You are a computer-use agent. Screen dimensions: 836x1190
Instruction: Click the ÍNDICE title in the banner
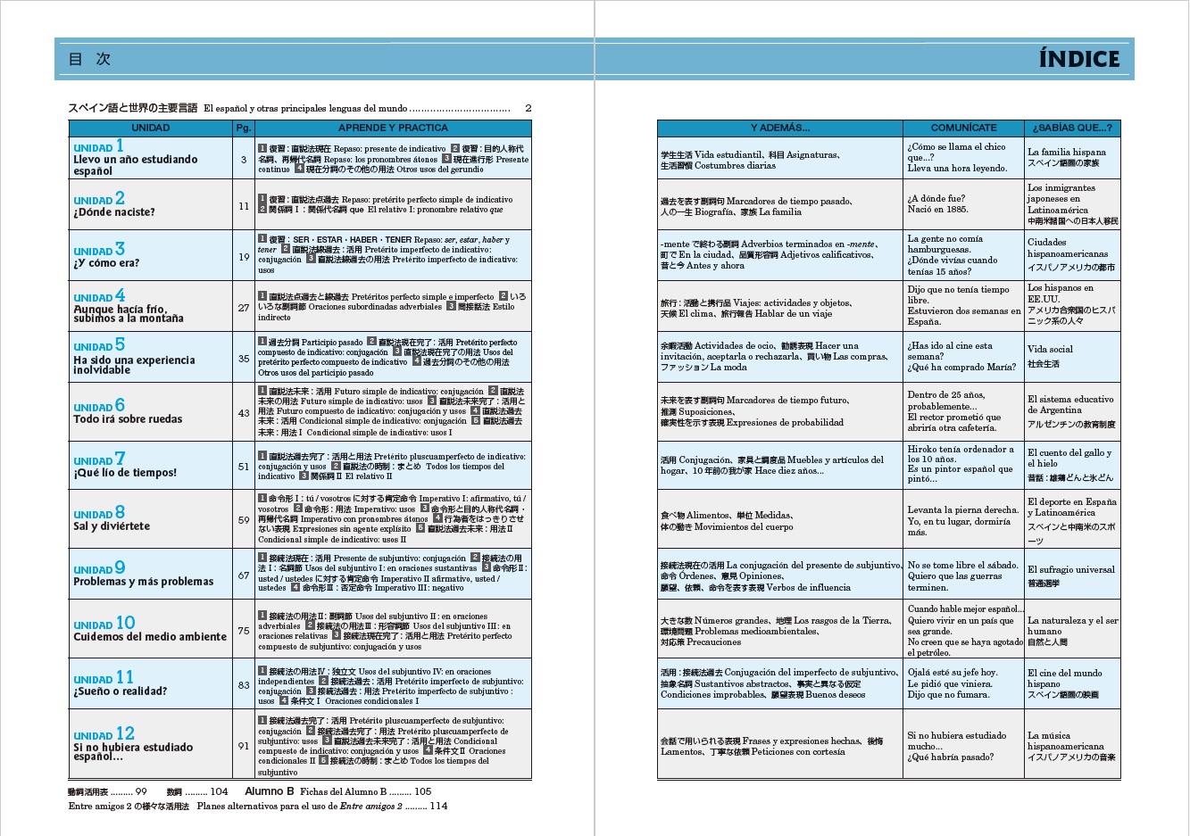[1078, 60]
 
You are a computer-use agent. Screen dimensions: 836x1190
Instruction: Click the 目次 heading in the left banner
[89, 60]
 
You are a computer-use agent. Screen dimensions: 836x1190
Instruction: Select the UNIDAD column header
[150, 128]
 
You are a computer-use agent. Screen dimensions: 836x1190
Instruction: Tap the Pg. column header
[244, 128]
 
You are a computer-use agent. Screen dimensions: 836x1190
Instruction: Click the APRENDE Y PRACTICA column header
[393, 128]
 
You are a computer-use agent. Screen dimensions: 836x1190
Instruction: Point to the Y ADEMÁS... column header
[779, 128]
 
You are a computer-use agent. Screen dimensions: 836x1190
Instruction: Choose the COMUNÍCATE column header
[963, 128]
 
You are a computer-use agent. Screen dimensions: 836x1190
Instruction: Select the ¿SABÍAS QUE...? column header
[1071, 128]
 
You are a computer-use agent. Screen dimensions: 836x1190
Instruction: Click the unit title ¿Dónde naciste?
[114, 212]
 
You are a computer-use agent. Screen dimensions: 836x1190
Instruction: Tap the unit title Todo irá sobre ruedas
[128, 419]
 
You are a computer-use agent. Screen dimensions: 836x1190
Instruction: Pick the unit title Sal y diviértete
[112, 526]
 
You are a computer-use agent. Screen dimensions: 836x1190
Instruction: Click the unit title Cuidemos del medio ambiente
[150, 637]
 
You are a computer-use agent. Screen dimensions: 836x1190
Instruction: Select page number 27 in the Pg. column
[244, 308]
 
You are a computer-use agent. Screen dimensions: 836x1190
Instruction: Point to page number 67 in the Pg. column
[244, 575]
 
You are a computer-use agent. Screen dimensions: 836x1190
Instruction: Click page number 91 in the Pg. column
[244, 746]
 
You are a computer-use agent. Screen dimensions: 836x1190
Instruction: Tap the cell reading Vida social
[1050, 350]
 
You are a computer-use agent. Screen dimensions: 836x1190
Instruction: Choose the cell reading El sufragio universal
[1070, 569]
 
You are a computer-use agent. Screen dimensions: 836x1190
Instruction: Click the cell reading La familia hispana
[1066, 153]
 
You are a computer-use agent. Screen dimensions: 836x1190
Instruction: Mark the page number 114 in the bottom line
[438, 806]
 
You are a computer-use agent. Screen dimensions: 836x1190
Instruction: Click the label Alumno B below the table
[269, 791]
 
